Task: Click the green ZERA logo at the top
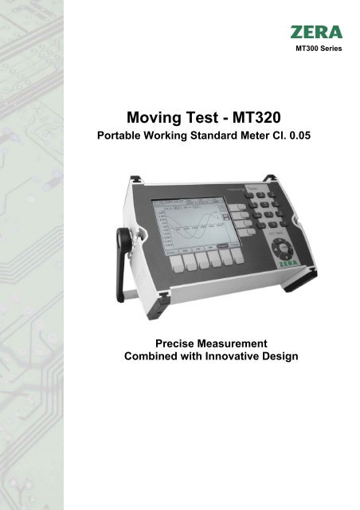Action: (316, 33)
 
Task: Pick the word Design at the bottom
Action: (280, 356)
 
